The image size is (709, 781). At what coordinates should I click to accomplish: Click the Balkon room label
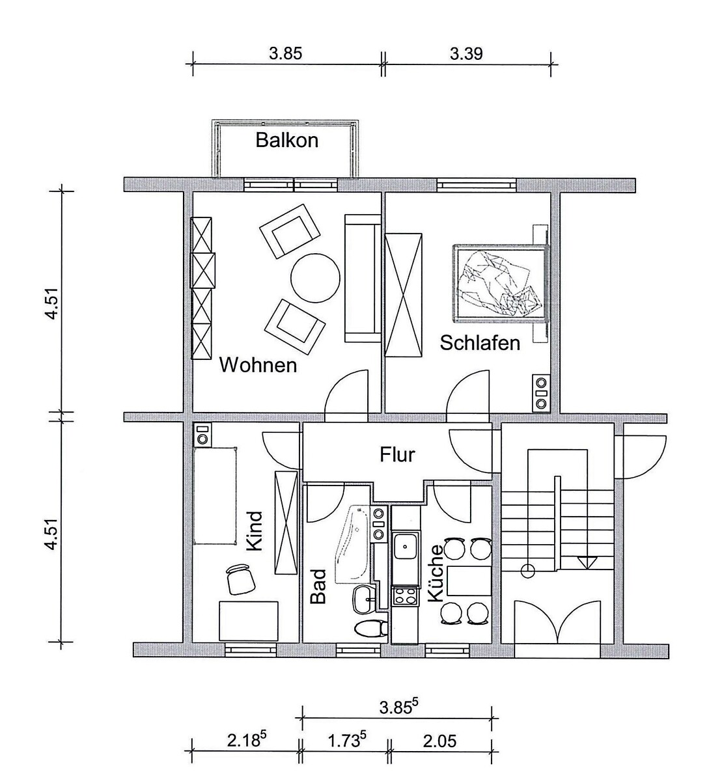(286, 140)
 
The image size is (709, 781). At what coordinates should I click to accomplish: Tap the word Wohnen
(258, 365)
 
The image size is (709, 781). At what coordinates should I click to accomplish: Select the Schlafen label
(480, 343)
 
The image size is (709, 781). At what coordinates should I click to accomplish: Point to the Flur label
(397, 454)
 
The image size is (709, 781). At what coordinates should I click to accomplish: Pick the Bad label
(318, 586)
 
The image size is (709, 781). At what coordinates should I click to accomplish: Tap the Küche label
(435, 573)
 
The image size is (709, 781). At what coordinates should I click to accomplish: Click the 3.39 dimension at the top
(466, 54)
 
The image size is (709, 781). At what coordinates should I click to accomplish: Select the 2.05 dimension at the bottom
(440, 741)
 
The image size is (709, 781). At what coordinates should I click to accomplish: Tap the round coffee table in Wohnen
(315, 278)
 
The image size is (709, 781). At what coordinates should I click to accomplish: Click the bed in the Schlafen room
(501, 283)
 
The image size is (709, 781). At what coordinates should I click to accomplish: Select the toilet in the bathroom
(371, 628)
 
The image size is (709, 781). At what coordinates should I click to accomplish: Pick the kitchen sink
(406, 547)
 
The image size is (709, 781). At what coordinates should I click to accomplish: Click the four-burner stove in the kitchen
(406, 596)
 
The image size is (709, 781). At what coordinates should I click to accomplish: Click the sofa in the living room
(362, 279)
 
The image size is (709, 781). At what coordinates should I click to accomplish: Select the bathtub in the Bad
(352, 544)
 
